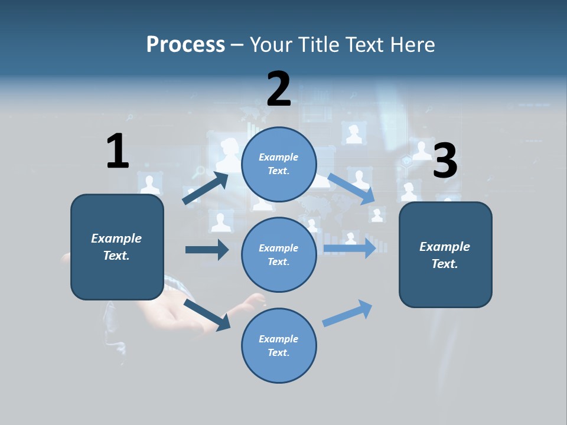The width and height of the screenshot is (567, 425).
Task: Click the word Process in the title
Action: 185,45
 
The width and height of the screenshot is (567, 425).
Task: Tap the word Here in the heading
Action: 412,45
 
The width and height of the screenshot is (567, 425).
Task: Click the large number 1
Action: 118,151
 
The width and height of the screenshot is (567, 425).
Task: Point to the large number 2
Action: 279,89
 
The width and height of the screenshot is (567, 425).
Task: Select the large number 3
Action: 445,161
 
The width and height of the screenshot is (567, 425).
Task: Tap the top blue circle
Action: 279,164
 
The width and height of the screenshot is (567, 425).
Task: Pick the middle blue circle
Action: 279,255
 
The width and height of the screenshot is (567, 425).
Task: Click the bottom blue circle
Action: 279,346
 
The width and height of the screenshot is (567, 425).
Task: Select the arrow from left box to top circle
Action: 206,188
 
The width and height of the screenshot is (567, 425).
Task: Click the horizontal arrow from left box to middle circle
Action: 207,250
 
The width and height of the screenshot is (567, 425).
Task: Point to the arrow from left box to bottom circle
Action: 207,315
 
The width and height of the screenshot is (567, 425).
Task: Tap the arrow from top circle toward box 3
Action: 351,188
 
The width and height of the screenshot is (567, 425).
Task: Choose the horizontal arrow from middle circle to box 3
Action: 350,248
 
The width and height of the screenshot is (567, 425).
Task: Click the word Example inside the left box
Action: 116,238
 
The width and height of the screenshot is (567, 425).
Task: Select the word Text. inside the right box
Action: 445,264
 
